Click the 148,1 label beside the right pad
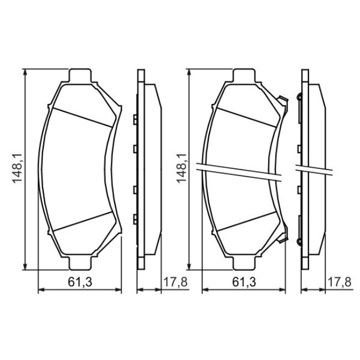[x=181, y=169]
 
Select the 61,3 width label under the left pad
[x=80, y=282]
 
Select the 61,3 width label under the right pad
[x=244, y=282]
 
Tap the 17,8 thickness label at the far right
[x=340, y=282]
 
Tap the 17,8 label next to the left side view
[x=176, y=282]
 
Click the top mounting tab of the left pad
[x=80, y=75]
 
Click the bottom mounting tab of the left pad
[x=80, y=263]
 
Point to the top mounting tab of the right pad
[x=244, y=75]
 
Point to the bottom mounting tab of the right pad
[x=244, y=263]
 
